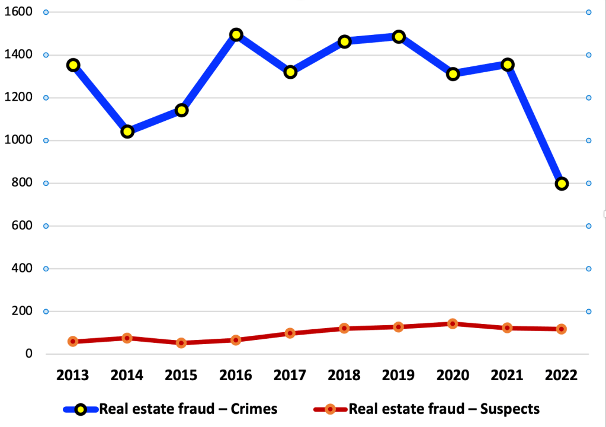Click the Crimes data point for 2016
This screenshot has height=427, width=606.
[236, 34]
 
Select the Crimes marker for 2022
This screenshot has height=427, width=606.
[562, 184]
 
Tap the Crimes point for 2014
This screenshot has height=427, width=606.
[127, 131]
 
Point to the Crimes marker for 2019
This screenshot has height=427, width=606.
[399, 37]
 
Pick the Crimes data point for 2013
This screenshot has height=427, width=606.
[73, 65]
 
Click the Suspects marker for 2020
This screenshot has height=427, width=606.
[453, 324]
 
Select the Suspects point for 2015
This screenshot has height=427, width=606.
[181, 343]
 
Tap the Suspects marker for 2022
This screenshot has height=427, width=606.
[562, 329]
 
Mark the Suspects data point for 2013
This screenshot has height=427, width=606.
[73, 342]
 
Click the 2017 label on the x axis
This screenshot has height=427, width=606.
[290, 375]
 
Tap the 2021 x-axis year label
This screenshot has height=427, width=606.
[507, 375]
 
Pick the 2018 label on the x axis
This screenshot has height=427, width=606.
[344, 375]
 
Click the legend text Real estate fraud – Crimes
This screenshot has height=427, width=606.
[188, 409]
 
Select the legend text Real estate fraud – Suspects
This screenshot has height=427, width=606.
[444, 409]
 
